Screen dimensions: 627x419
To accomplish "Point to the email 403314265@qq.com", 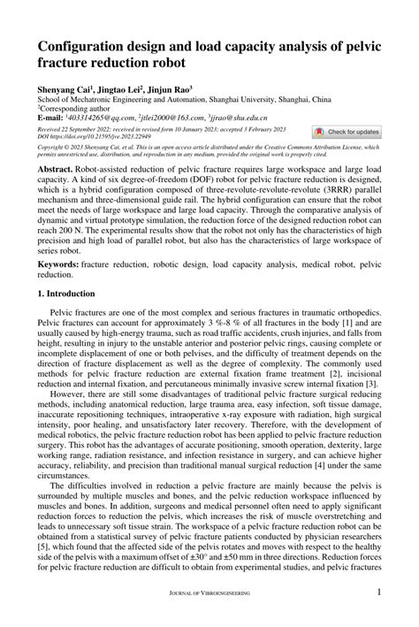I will pyautogui.click(x=97, y=116).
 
